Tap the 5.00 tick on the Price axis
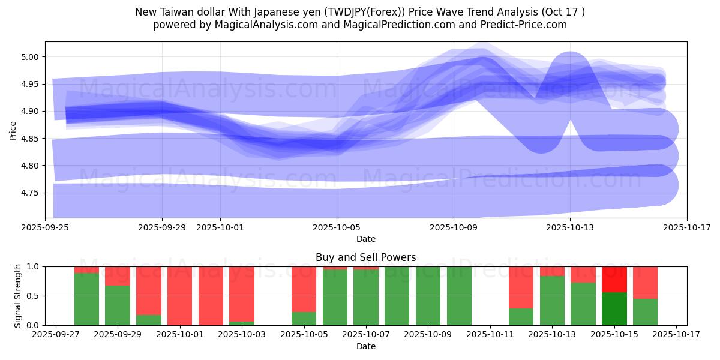click(31, 58)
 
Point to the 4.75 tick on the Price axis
click(31, 193)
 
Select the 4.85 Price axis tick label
click(31, 139)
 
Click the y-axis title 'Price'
click(13, 130)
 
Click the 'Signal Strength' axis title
click(18, 296)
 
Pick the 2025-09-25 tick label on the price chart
click(45, 228)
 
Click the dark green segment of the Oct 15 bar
click(614, 308)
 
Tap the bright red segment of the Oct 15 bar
click(614, 279)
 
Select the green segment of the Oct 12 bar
click(521, 317)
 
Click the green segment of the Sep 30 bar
click(149, 320)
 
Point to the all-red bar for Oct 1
click(179, 296)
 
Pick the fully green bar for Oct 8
click(397, 296)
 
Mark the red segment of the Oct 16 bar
click(646, 282)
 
